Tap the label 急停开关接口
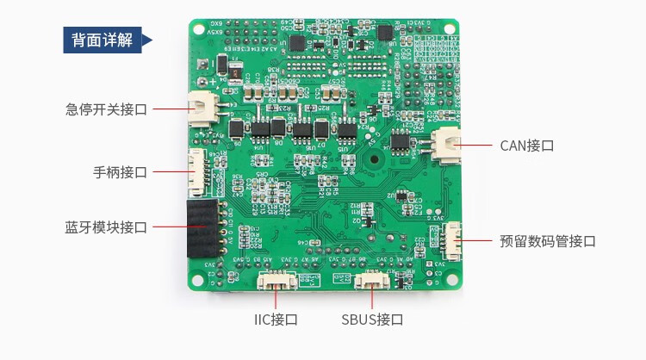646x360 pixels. click(x=107, y=109)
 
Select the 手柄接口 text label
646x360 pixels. click(x=121, y=171)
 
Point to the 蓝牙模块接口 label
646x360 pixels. click(x=106, y=227)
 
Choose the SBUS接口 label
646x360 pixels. click(x=372, y=320)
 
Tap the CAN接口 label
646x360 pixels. click(x=526, y=146)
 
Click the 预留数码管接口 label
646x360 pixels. click(x=548, y=241)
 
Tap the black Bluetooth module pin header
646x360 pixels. click(x=203, y=227)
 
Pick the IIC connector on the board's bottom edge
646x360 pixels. click(x=276, y=280)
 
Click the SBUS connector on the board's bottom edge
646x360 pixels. click(x=372, y=280)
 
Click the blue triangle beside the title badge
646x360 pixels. click(x=146, y=40)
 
